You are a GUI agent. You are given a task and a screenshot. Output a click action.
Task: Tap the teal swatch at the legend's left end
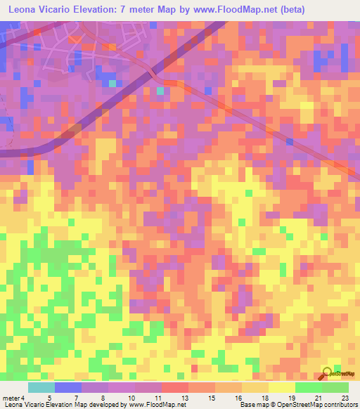point(41,387)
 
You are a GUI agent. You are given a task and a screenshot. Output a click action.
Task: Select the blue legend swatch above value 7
point(68,387)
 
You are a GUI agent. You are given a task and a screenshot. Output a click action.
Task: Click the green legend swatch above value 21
point(308,387)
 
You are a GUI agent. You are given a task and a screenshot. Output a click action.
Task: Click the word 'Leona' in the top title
point(22,11)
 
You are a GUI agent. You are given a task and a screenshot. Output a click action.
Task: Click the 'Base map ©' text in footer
point(257,405)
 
